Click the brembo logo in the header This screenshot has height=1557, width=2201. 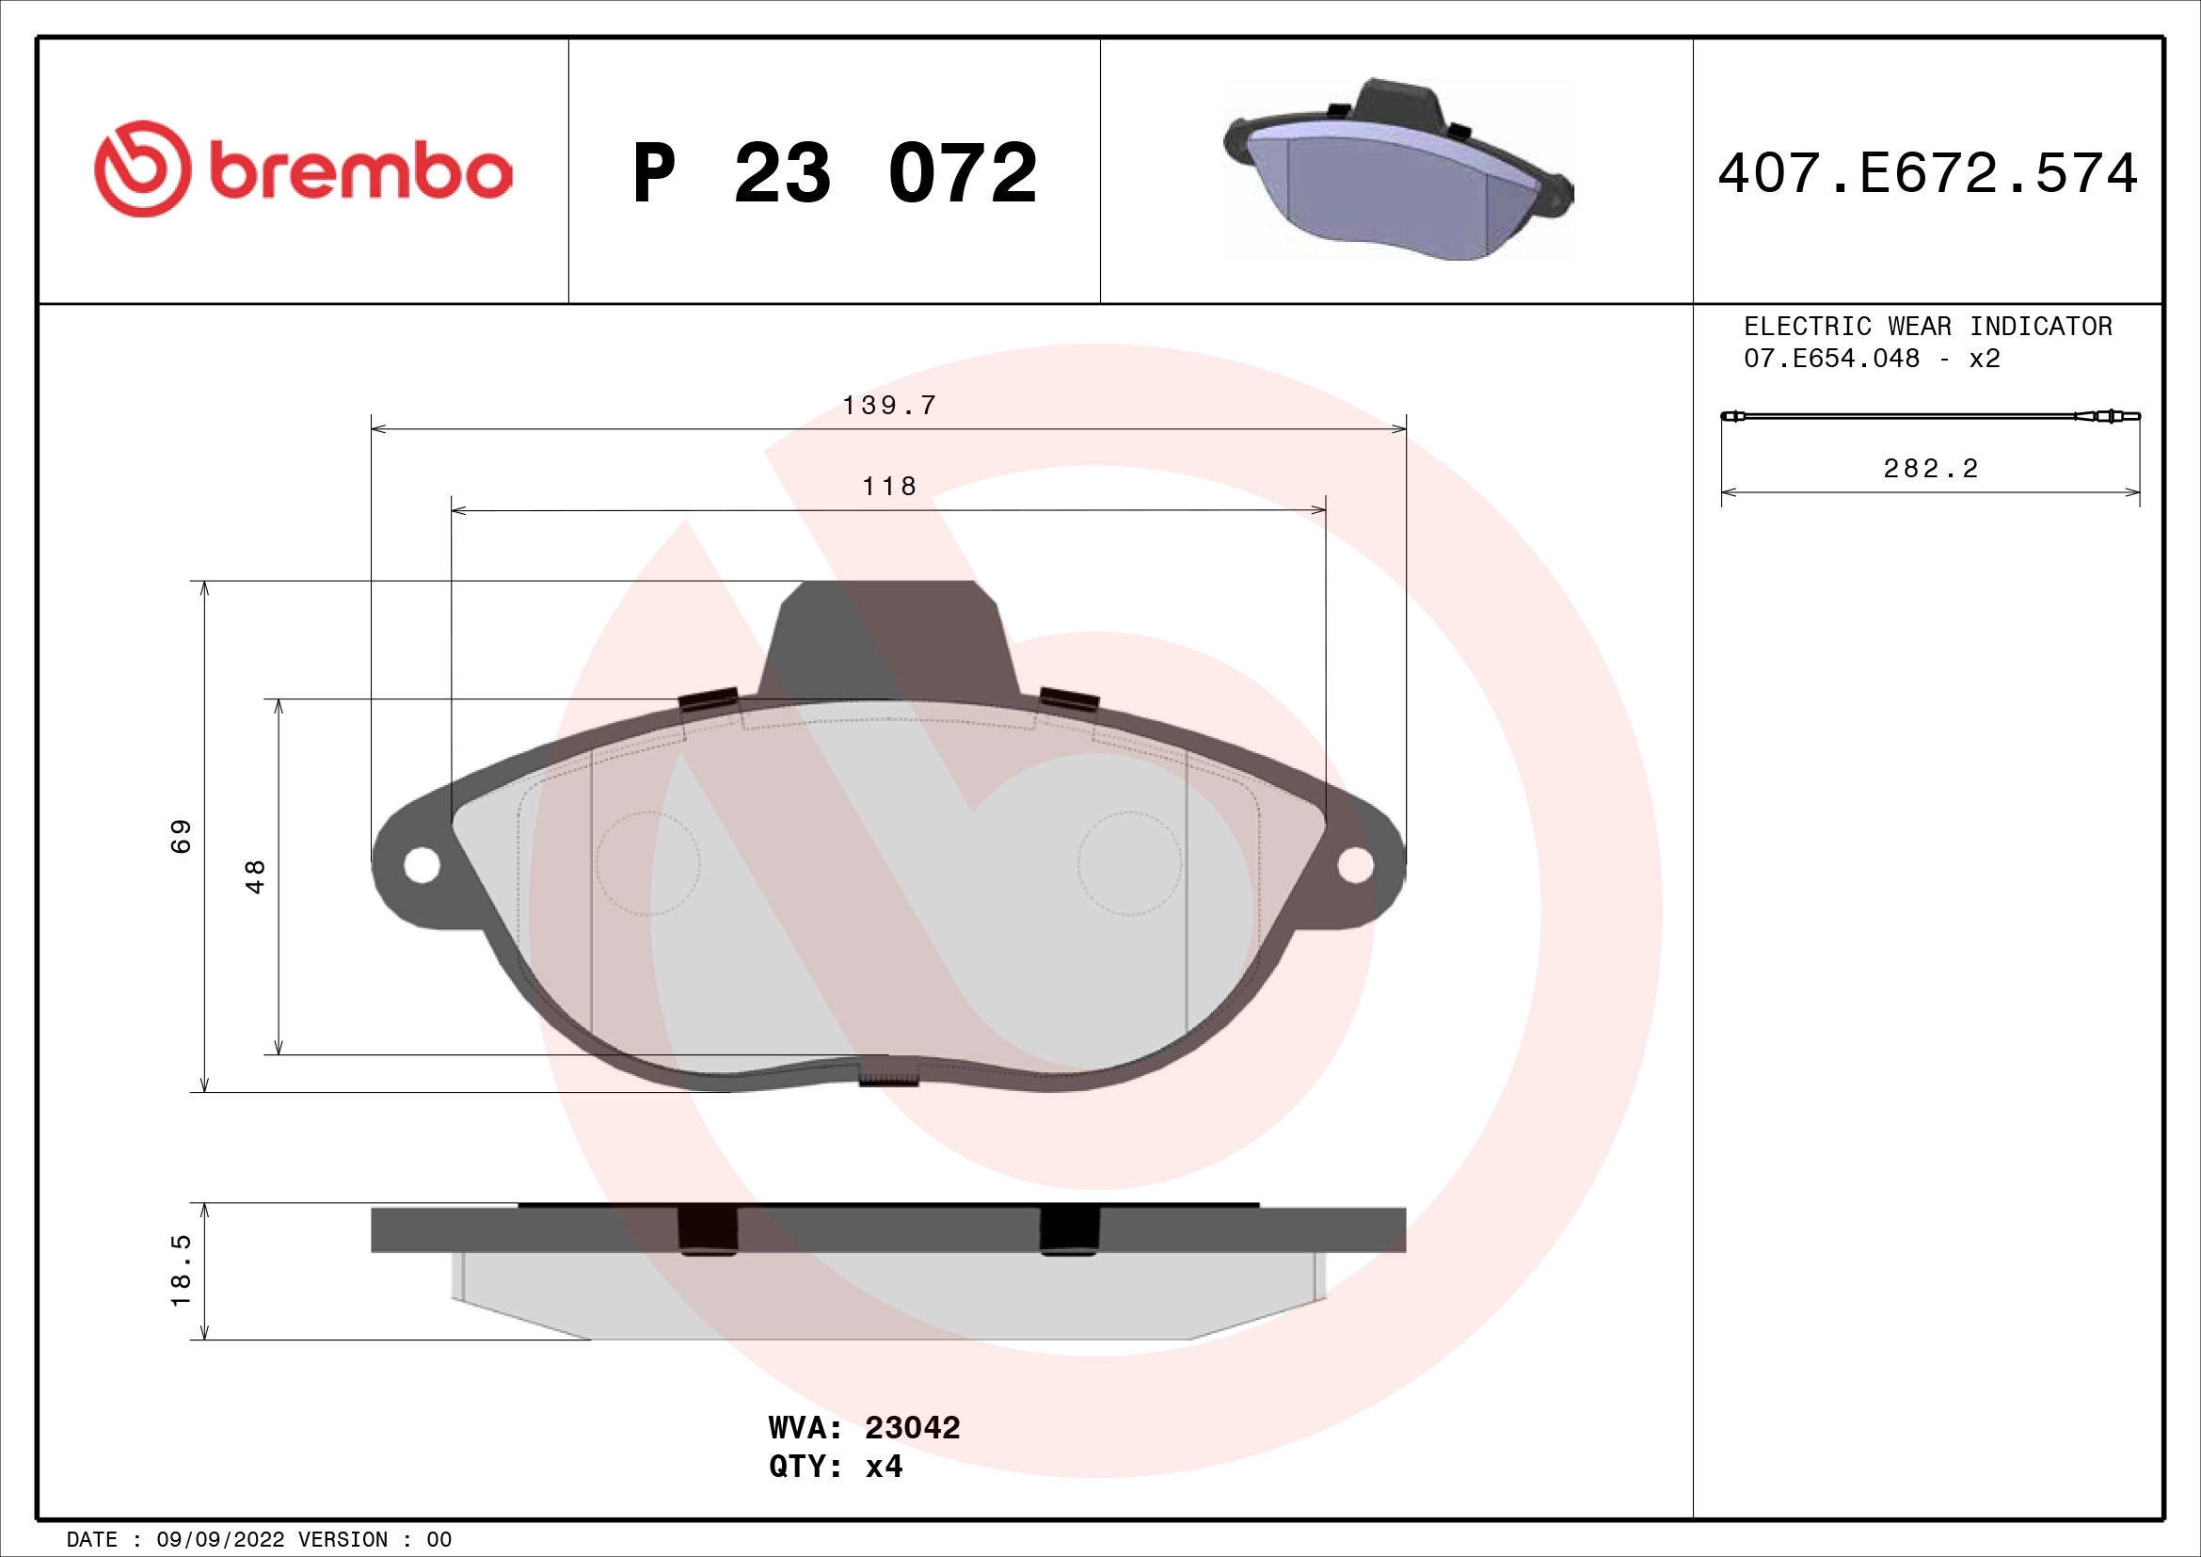(303, 170)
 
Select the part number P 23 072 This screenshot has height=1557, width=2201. (834, 173)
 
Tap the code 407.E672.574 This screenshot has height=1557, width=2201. (1928, 173)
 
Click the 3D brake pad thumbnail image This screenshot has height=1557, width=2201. (1397, 170)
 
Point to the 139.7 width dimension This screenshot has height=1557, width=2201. (888, 406)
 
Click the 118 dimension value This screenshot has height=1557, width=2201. (888, 487)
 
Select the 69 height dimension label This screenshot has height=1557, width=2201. (182, 835)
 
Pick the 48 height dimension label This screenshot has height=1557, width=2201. (255, 876)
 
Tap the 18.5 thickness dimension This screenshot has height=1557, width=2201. (182, 1270)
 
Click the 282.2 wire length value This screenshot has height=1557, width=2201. (1931, 469)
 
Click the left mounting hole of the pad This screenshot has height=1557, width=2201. (421, 866)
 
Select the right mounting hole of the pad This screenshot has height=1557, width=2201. (1354, 866)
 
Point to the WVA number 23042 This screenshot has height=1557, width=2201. (912, 1428)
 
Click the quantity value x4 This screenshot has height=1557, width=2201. (883, 1467)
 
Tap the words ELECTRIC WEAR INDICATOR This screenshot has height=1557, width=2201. (1928, 327)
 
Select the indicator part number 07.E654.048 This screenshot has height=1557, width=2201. (1831, 359)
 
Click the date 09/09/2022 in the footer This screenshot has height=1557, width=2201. (219, 1540)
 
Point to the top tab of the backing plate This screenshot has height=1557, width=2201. (887, 637)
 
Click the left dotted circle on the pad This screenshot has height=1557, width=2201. (647, 864)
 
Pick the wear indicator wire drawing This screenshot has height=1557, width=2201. (1929, 416)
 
